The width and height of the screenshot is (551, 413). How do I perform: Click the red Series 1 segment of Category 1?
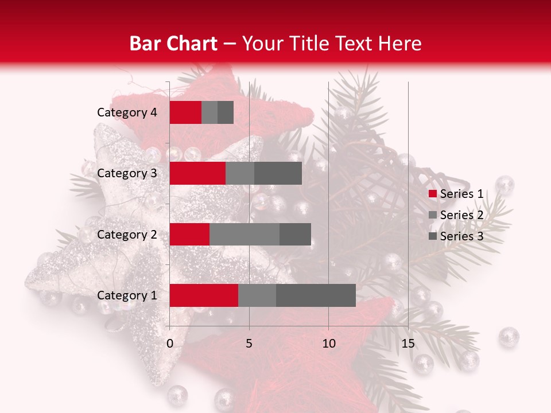(204, 295)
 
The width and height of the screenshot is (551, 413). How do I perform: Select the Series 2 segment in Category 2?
(245, 234)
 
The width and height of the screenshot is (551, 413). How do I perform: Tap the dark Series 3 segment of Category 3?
(278, 173)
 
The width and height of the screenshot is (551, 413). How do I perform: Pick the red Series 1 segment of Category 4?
(185, 112)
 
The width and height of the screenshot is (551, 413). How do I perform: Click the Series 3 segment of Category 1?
(316, 295)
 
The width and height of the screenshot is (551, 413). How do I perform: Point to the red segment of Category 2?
(189, 234)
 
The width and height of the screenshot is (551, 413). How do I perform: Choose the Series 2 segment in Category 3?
(240, 173)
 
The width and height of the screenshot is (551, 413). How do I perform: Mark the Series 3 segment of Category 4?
(226, 112)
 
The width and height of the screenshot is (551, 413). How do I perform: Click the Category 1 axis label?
(127, 295)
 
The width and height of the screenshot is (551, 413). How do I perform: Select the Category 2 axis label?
(127, 234)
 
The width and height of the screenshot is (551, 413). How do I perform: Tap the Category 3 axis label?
(127, 173)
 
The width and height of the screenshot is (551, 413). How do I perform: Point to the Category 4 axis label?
(127, 112)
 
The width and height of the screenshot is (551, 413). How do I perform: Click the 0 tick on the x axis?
(170, 344)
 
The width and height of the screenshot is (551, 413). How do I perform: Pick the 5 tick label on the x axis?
(249, 344)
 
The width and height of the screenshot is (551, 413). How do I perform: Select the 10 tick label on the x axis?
(328, 344)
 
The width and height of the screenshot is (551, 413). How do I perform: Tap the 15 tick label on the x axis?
(408, 344)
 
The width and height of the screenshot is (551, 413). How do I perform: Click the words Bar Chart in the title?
(173, 43)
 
